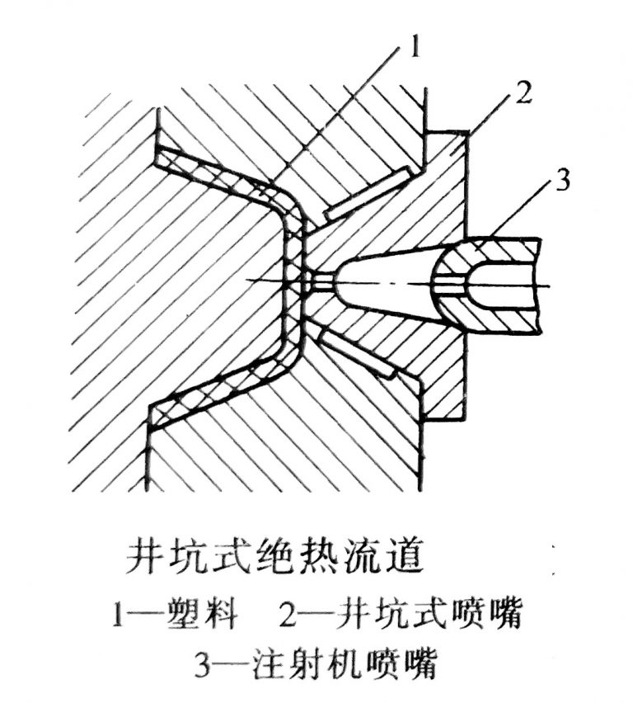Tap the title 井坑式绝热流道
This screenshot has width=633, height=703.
(277, 557)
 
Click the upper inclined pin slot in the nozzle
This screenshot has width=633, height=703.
(367, 195)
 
